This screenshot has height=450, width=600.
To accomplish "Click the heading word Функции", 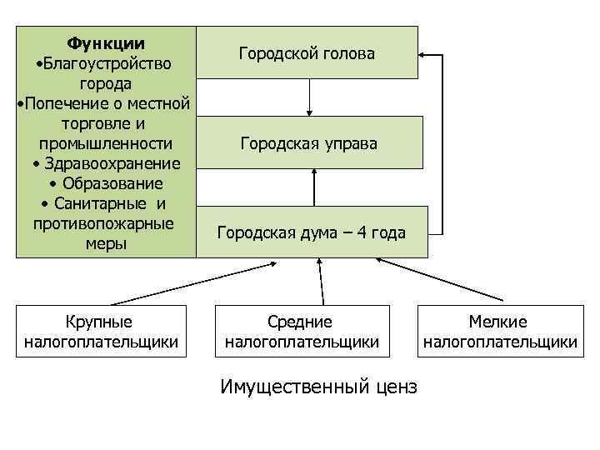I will [105, 43].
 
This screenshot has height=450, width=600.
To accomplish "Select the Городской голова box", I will [307, 52].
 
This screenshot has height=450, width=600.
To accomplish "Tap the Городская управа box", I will [309, 143].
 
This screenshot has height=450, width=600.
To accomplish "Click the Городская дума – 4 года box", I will [312, 232].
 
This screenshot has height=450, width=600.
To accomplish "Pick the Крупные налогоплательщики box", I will [100, 331].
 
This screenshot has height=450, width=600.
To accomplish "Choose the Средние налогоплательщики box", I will [302, 331].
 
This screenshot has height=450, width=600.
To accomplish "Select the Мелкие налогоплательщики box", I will [499, 331].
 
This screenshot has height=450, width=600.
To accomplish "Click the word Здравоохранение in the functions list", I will [109, 162].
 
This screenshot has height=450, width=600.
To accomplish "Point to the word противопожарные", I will [103, 223].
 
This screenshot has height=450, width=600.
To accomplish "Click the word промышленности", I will [105, 143].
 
